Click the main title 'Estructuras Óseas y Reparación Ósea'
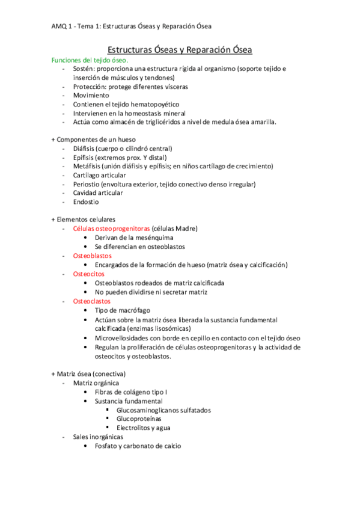point(180,49)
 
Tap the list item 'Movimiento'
point(91,96)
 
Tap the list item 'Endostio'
point(87,201)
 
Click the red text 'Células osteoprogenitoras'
point(111,229)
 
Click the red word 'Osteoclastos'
point(92,301)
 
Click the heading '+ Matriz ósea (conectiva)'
point(89,373)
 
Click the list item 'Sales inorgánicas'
point(98,437)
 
